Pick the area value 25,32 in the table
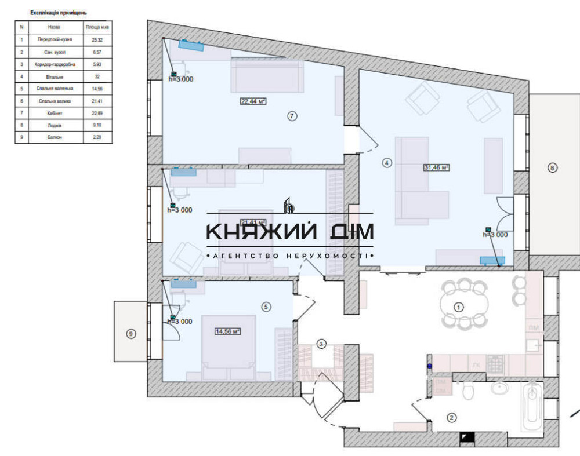click(97, 40)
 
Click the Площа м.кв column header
click(97, 27)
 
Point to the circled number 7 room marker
click(292, 116)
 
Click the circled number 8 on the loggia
click(552, 168)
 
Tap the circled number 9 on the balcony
click(131, 333)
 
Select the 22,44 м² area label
click(253, 101)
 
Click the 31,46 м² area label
click(437, 167)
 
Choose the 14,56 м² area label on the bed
click(227, 331)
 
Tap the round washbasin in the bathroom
click(499, 388)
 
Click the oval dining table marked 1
click(458, 307)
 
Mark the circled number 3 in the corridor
click(321, 344)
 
